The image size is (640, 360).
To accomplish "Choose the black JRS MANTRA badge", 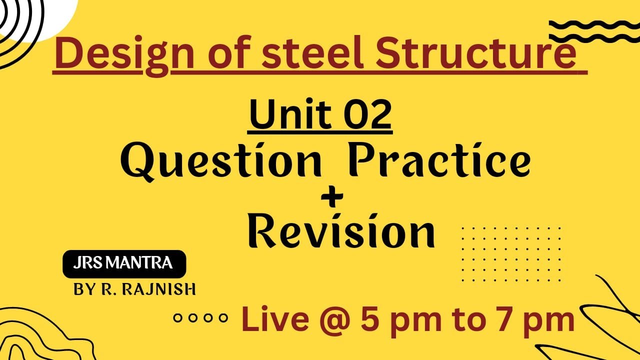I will (x=124, y=263).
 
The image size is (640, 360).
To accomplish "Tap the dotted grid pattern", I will (x=511, y=253).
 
